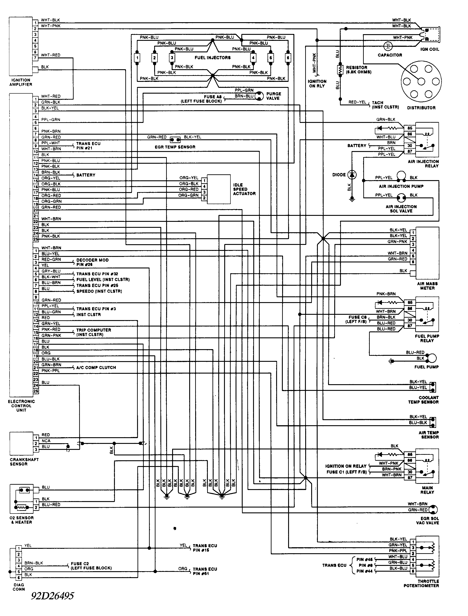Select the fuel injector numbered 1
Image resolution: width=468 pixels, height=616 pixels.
click(137, 58)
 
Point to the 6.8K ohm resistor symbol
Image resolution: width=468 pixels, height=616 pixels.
click(340, 70)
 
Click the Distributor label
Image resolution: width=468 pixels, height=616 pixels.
click(421, 108)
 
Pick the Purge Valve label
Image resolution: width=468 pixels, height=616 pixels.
click(273, 96)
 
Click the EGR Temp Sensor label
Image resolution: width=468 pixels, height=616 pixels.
click(175, 147)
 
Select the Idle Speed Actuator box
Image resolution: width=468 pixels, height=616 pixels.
click(219, 189)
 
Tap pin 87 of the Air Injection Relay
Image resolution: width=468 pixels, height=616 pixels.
click(410, 152)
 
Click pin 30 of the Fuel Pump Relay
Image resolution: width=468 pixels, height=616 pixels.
click(410, 320)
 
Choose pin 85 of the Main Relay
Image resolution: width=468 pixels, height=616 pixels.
click(410, 455)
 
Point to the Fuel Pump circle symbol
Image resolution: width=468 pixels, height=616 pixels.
click(432, 358)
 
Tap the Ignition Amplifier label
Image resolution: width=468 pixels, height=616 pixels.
click(21, 82)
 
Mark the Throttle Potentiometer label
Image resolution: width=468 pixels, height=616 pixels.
click(421, 583)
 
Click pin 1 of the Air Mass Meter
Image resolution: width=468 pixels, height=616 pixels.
click(413, 233)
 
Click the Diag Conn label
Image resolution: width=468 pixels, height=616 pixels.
click(19, 587)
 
